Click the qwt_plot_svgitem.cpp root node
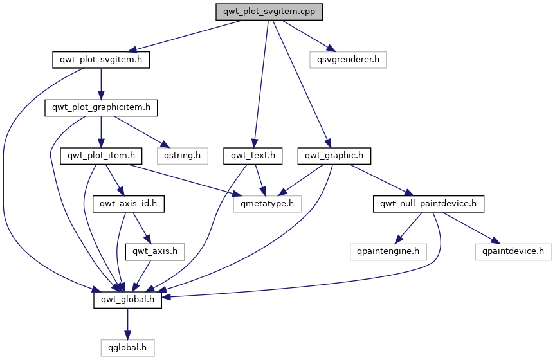coord(269,12)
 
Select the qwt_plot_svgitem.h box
coord(100,60)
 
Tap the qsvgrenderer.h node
coord(348,60)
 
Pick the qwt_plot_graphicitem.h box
coord(100,108)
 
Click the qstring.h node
coord(181,156)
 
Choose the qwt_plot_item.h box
coord(101,156)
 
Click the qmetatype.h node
coord(268,204)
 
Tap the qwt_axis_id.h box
coord(129,204)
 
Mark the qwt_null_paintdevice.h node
coord(428,204)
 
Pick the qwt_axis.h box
coord(156,251)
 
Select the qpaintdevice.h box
coord(513,251)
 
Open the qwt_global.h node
coord(127,300)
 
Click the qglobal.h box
coord(127,347)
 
